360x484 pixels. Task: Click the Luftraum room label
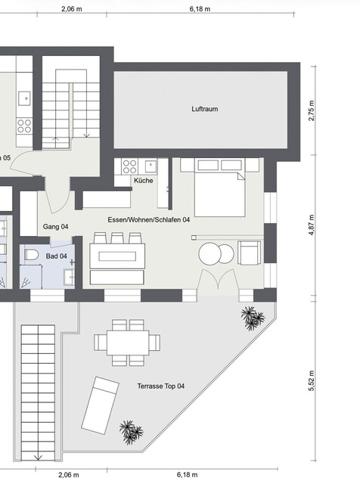pos(204,110)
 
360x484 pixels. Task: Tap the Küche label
pos(144,181)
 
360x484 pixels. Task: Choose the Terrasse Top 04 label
pos(160,386)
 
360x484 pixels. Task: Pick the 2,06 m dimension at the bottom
pos(69,475)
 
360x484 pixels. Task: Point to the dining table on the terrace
pos(127,341)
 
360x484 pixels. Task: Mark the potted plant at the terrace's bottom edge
pos(132,432)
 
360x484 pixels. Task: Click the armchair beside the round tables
pos(249,252)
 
